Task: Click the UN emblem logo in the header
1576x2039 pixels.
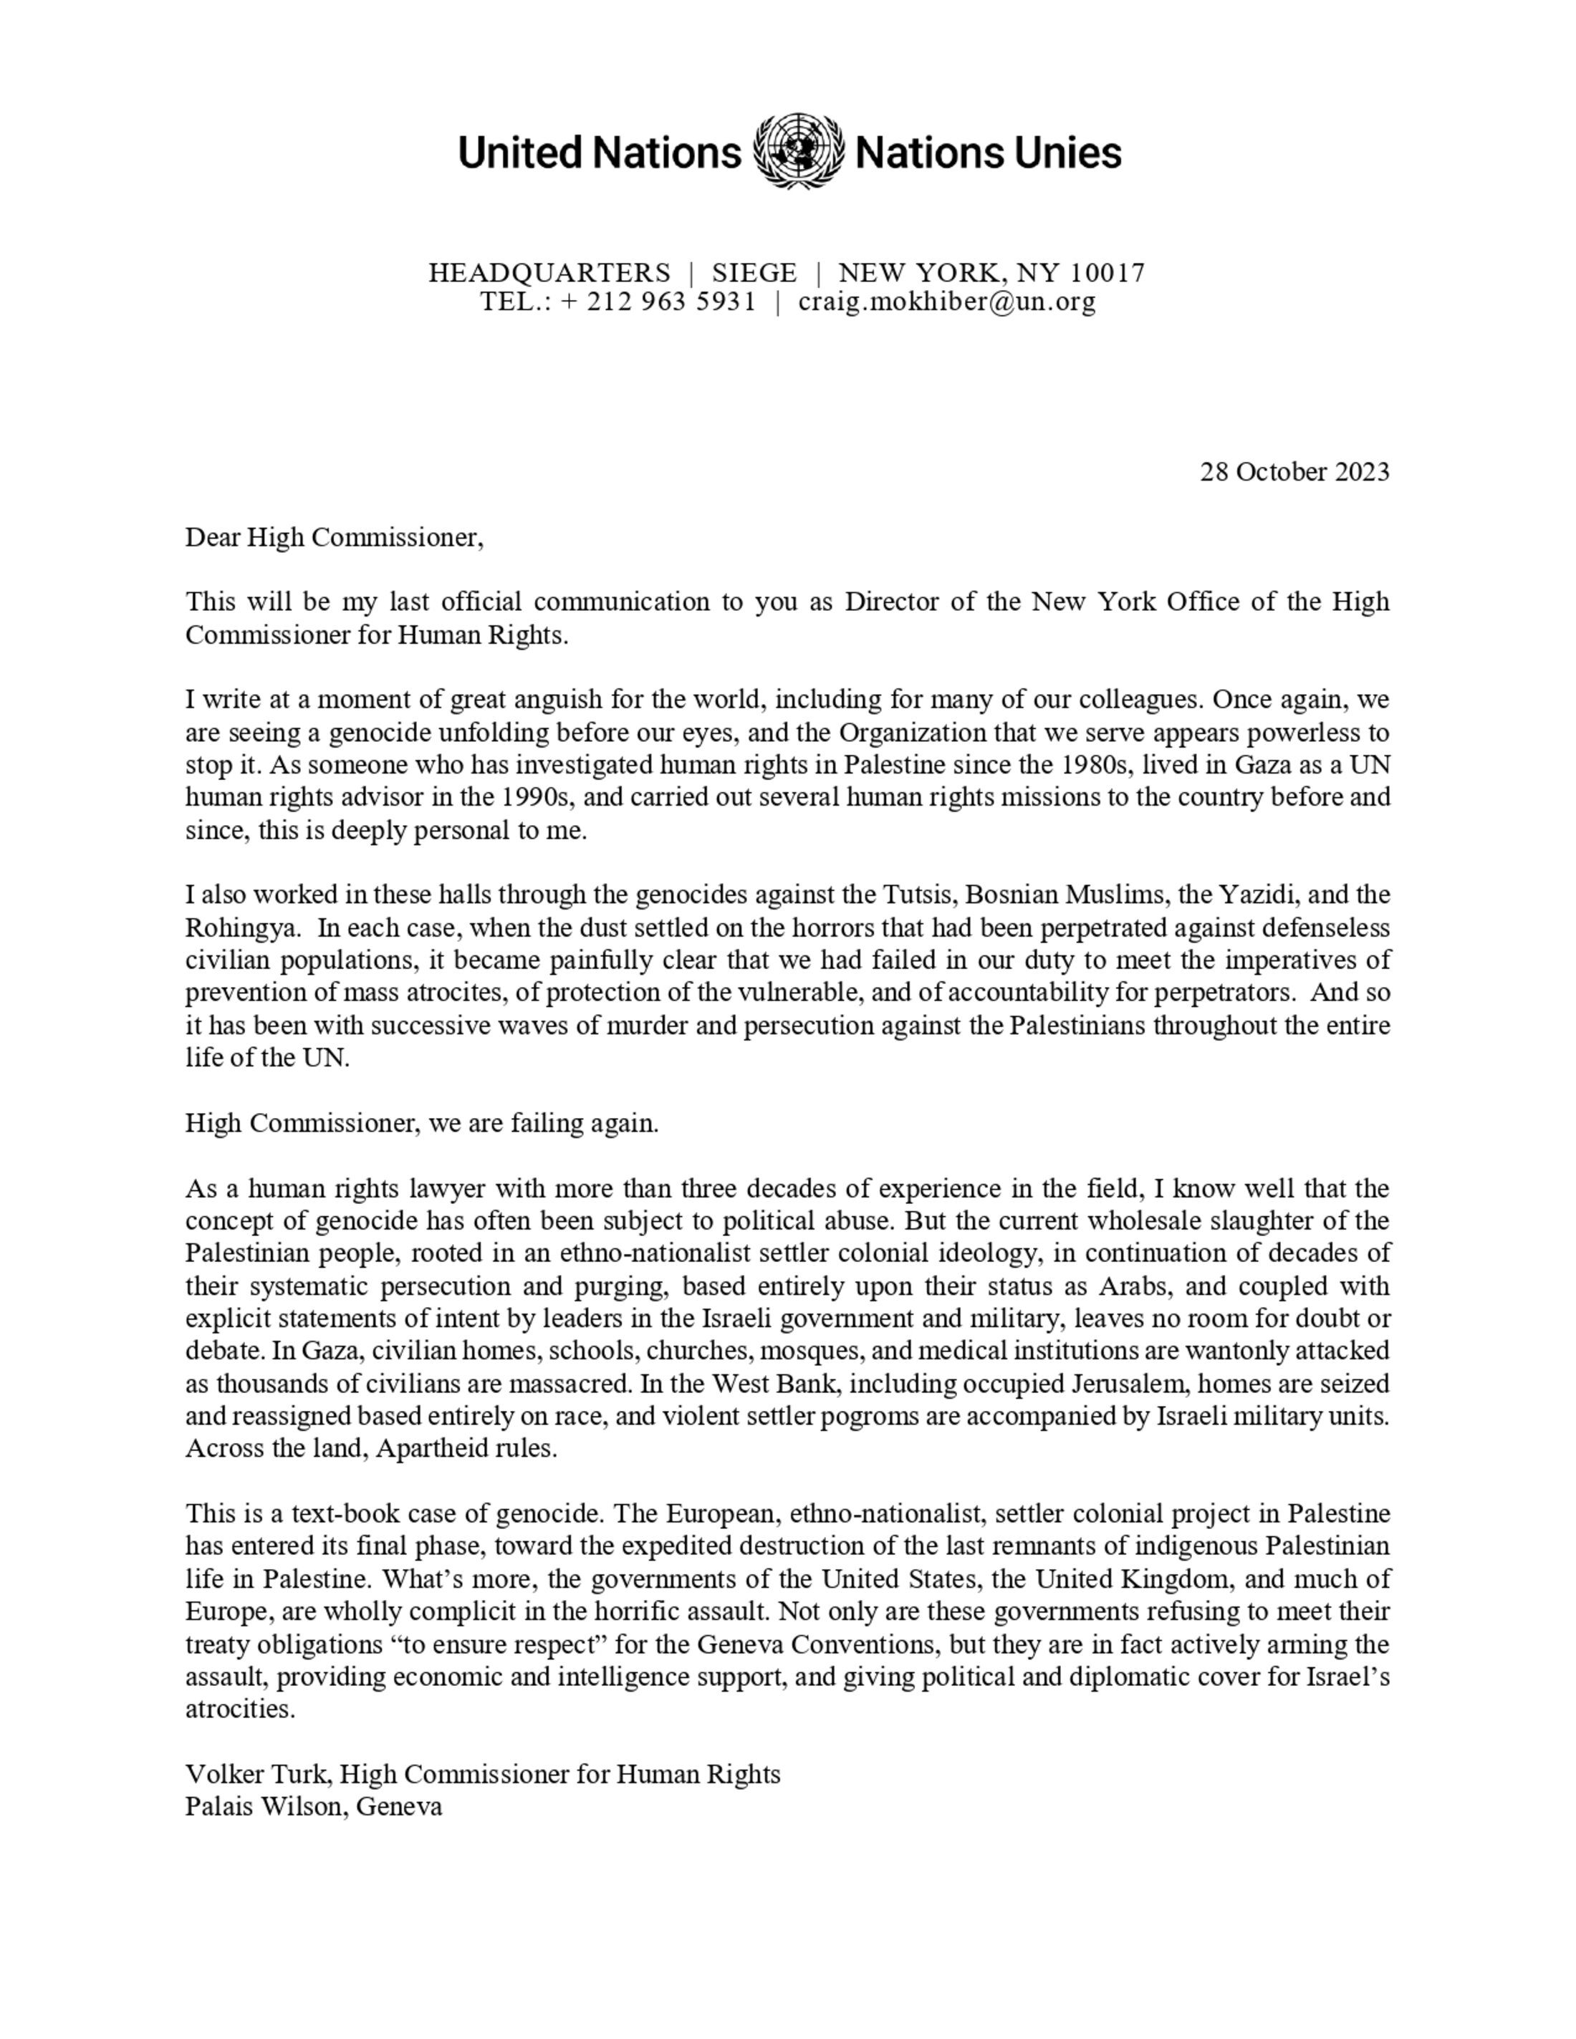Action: click(797, 151)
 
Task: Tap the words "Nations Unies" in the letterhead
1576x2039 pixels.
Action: click(988, 152)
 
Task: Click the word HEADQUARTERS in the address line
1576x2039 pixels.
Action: click(549, 273)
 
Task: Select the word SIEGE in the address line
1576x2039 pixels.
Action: click(754, 273)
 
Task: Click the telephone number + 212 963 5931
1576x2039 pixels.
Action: click(658, 302)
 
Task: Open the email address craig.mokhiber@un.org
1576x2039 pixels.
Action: click(947, 302)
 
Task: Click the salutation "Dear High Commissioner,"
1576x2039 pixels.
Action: click(335, 537)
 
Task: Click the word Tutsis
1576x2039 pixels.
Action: click(918, 895)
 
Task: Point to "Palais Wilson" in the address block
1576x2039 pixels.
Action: click(265, 1806)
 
